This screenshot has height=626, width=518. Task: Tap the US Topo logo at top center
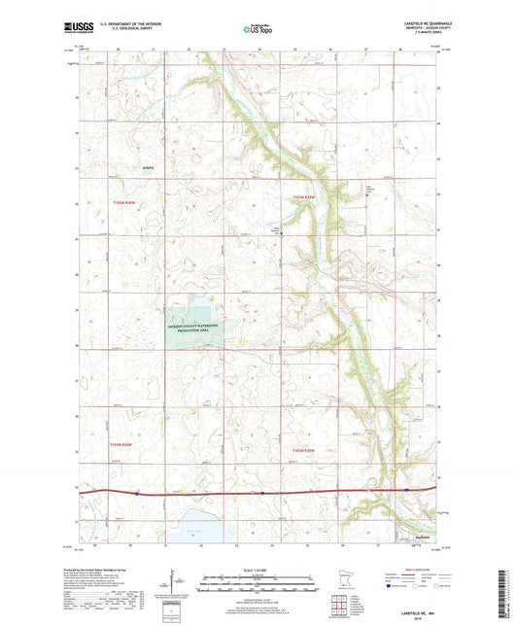(258, 29)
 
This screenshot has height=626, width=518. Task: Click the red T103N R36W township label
(121, 200)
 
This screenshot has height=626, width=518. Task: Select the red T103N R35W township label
(304, 198)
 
